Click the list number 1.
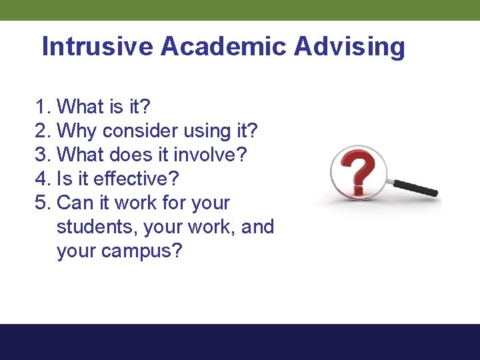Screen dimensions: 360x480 coord(42,107)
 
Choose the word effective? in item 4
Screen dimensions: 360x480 coord(137,179)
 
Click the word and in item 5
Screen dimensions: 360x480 coord(257,227)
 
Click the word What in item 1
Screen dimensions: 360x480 coord(81,107)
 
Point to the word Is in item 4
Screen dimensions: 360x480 coord(65,179)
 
